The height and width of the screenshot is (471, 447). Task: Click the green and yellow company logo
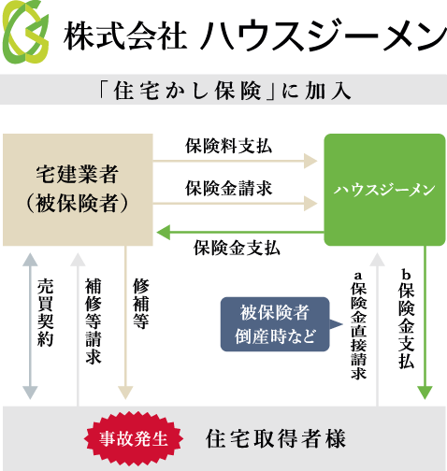pyautogui.click(x=25, y=32)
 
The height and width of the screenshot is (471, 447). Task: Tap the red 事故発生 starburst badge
pyautogui.click(x=134, y=438)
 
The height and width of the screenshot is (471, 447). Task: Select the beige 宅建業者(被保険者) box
pyautogui.click(x=78, y=190)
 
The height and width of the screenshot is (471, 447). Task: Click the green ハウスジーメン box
pyautogui.click(x=384, y=190)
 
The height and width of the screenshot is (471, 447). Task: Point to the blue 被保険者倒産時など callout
pyautogui.click(x=275, y=324)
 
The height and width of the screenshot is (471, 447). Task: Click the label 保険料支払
pyautogui.click(x=229, y=146)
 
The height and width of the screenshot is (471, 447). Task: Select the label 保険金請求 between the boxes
pyautogui.click(x=229, y=189)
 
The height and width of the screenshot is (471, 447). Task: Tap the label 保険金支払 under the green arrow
pyautogui.click(x=237, y=249)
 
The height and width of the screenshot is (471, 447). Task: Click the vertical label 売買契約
pyautogui.click(x=46, y=313)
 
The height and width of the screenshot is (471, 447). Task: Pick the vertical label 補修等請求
pyautogui.click(x=94, y=321)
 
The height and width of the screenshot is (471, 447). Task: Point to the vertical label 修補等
pyautogui.click(x=141, y=304)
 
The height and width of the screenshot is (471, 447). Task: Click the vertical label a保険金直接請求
pyautogui.click(x=359, y=326)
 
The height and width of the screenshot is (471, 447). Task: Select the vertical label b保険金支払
pyautogui.click(x=407, y=321)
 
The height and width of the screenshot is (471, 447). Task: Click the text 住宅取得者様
pyautogui.click(x=276, y=438)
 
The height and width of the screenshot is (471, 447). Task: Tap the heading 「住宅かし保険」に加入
pyautogui.click(x=223, y=91)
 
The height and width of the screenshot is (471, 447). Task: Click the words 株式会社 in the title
pyautogui.click(x=125, y=36)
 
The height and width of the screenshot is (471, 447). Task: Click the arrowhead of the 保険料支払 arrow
pyautogui.click(x=310, y=161)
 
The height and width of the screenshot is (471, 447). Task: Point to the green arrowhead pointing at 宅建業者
pyautogui.click(x=164, y=233)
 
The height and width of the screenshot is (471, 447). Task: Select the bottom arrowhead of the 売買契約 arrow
pyautogui.click(x=30, y=392)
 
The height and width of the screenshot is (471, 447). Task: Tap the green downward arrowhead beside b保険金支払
pyautogui.click(x=425, y=392)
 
